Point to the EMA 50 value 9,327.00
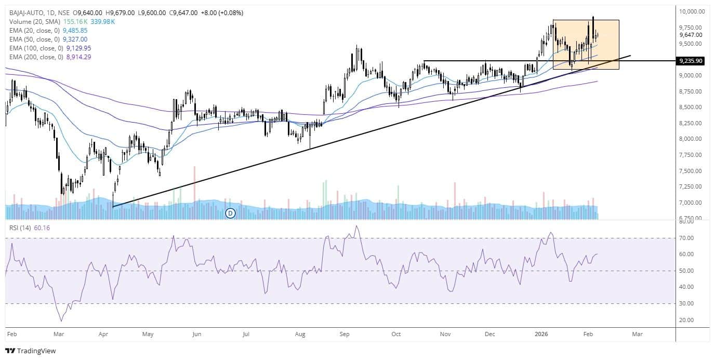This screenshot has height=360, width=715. pos(75,39)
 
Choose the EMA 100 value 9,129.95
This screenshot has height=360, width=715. pos(77,48)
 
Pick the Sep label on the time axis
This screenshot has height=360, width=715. pos(343,334)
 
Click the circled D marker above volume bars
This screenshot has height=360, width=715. pos(231,212)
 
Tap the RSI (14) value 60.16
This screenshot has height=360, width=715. pos(44,228)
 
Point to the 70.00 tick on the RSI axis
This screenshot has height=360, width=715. pos(687,238)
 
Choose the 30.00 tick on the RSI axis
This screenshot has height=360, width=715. pos(687,303)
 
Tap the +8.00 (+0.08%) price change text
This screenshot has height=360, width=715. pos(221,12)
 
